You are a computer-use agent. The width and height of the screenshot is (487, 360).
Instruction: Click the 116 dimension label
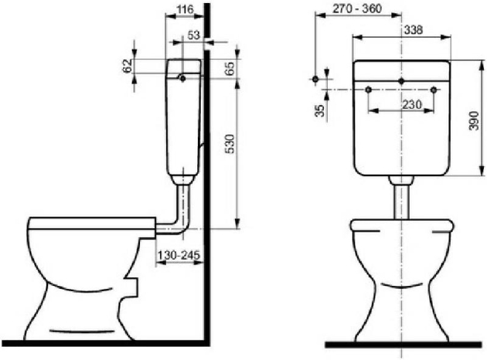185,9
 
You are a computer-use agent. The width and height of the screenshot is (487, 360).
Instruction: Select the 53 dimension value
194,35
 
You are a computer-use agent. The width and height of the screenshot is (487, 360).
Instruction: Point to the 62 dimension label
128,66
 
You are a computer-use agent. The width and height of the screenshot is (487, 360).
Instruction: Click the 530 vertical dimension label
230,144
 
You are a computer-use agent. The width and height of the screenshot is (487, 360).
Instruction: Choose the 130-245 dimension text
179,256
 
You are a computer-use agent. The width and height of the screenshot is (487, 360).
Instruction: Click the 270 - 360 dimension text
357,8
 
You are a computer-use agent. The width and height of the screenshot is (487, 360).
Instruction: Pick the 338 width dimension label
414,30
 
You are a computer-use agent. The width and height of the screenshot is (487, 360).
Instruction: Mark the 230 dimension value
412,104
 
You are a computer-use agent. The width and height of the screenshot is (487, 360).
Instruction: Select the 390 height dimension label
474,121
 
